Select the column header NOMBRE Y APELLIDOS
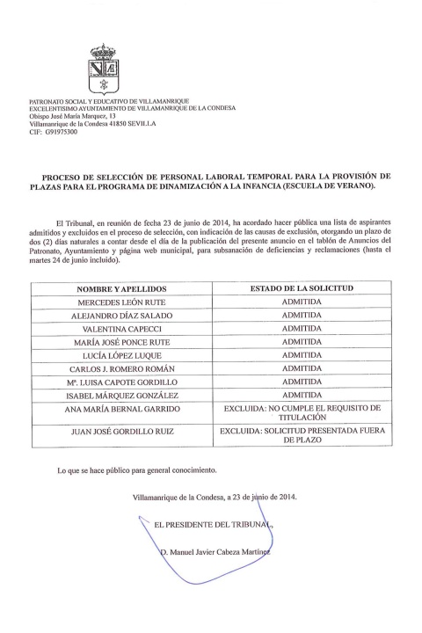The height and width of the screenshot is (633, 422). [121, 289]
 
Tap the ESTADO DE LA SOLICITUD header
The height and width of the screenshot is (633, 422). [302, 289]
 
